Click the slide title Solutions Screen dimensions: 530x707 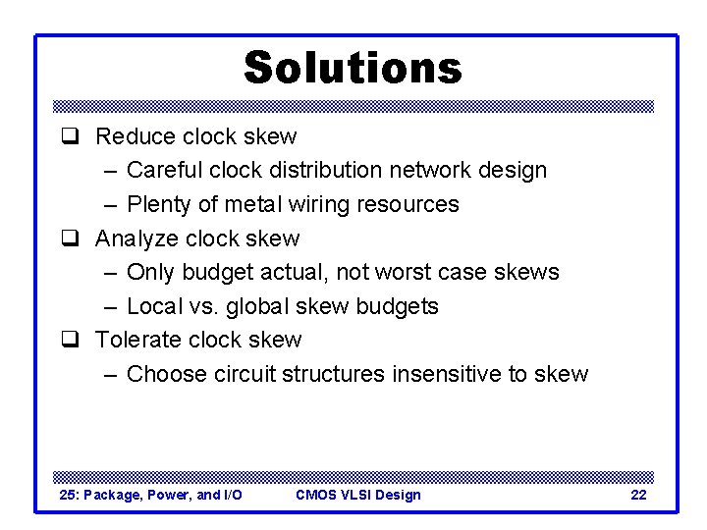point(352,68)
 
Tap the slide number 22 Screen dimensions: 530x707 point(638,495)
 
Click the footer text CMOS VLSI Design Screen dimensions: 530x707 point(358,495)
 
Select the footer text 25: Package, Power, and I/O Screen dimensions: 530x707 point(150,495)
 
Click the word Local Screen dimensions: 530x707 point(153,306)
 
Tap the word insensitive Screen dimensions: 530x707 point(449,374)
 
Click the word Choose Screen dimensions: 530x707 point(165,374)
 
